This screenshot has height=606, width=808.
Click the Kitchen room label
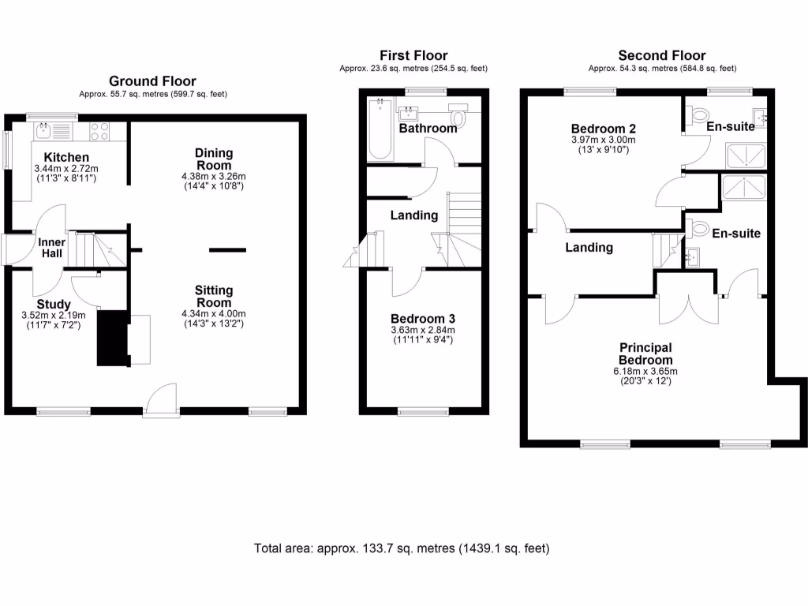pos(66,157)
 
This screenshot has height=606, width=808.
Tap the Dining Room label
pos(213,159)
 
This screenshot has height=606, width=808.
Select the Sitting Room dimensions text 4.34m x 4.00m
pos(213,314)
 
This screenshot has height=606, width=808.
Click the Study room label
pos(54,304)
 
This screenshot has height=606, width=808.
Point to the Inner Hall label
pos(52,248)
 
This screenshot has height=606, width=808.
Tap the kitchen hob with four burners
pos(99,130)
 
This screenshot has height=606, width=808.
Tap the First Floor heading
pos(413,55)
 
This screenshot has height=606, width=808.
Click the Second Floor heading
pos(661,55)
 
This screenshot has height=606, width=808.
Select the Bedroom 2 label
pos(603,129)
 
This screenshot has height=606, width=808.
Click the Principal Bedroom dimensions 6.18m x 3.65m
pos(645,372)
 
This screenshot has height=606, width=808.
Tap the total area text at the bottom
pos(402,548)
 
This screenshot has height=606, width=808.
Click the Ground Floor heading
pos(152,80)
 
